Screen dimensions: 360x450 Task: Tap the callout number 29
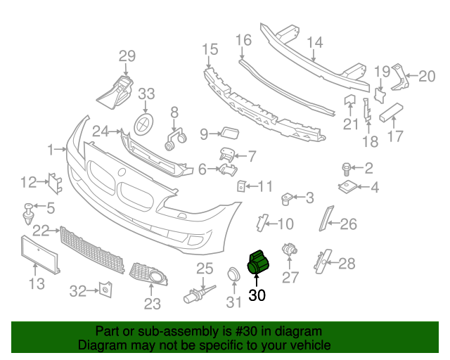[126, 56]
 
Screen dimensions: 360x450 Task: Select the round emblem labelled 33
[144, 123]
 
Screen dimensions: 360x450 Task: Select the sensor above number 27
[289, 251]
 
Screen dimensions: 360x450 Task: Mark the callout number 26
[349, 225]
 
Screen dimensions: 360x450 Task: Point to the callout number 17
[396, 136]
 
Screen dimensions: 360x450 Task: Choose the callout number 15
[210, 49]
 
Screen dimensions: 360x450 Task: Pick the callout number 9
[204, 134]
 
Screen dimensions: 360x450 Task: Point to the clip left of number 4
[348, 187]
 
